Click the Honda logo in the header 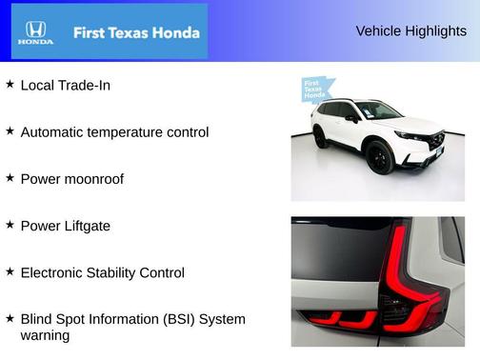click(x=35, y=33)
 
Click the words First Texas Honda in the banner click(x=136, y=32)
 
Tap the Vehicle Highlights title click(x=410, y=30)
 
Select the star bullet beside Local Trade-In click(x=10, y=84)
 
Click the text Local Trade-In click(x=65, y=85)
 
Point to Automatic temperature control click(x=114, y=131)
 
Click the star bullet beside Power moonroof click(x=10, y=177)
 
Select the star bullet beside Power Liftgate click(x=10, y=224)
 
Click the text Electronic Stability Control click(x=102, y=272)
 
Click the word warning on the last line click(x=45, y=335)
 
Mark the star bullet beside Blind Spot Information click(x=10, y=317)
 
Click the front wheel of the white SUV click(x=381, y=158)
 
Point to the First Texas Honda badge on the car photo click(x=315, y=90)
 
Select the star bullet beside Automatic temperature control click(x=10, y=130)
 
